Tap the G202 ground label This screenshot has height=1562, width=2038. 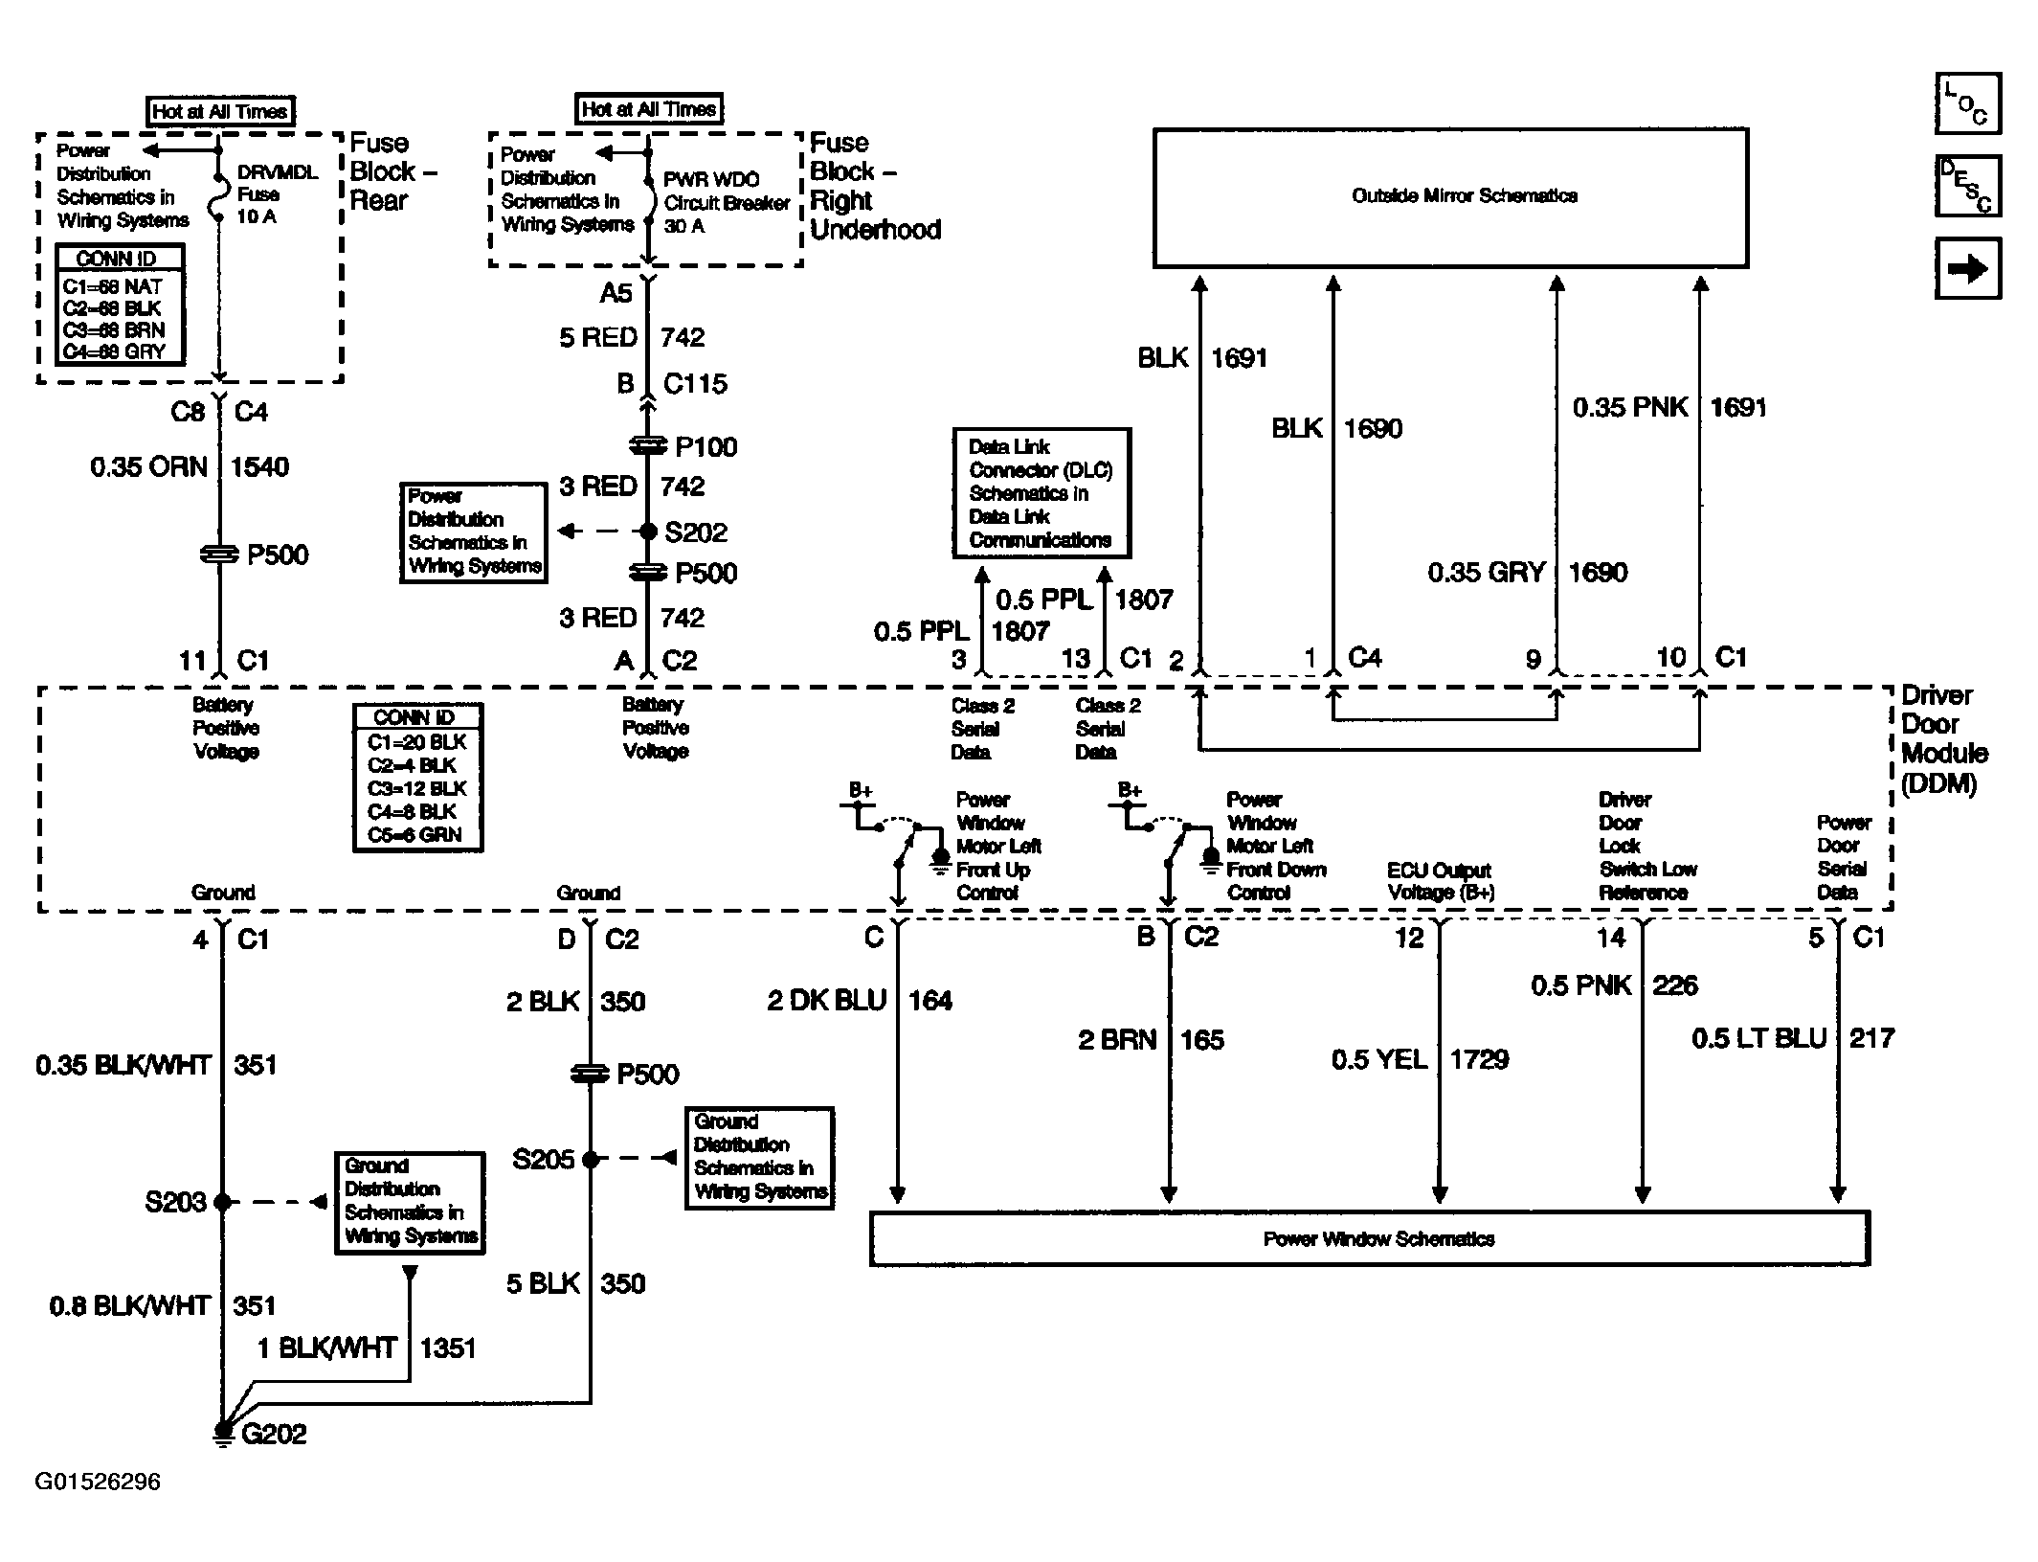coord(275,1434)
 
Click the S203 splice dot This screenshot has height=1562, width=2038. coord(222,1202)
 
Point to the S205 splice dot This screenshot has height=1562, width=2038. coord(591,1160)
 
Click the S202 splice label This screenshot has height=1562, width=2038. coord(696,532)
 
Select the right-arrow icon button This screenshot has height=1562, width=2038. coord(1968,269)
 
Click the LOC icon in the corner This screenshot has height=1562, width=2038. coord(1968,103)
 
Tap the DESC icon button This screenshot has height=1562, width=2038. coord(1968,186)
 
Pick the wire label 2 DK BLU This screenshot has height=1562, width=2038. coord(826,1002)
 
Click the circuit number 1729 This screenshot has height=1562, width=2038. coord(1479,1059)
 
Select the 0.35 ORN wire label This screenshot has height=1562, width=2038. coord(148,467)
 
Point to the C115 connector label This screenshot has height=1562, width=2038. coord(695,384)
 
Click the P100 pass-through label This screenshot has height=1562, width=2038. coord(706,447)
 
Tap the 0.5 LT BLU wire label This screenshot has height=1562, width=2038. coord(1759,1039)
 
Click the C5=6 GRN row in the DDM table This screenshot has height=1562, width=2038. coord(414,835)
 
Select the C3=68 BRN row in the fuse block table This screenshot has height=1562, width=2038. coord(114,330)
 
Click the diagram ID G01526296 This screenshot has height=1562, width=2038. coord(98,1483)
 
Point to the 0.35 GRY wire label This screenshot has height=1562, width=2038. coord(1487,573)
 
